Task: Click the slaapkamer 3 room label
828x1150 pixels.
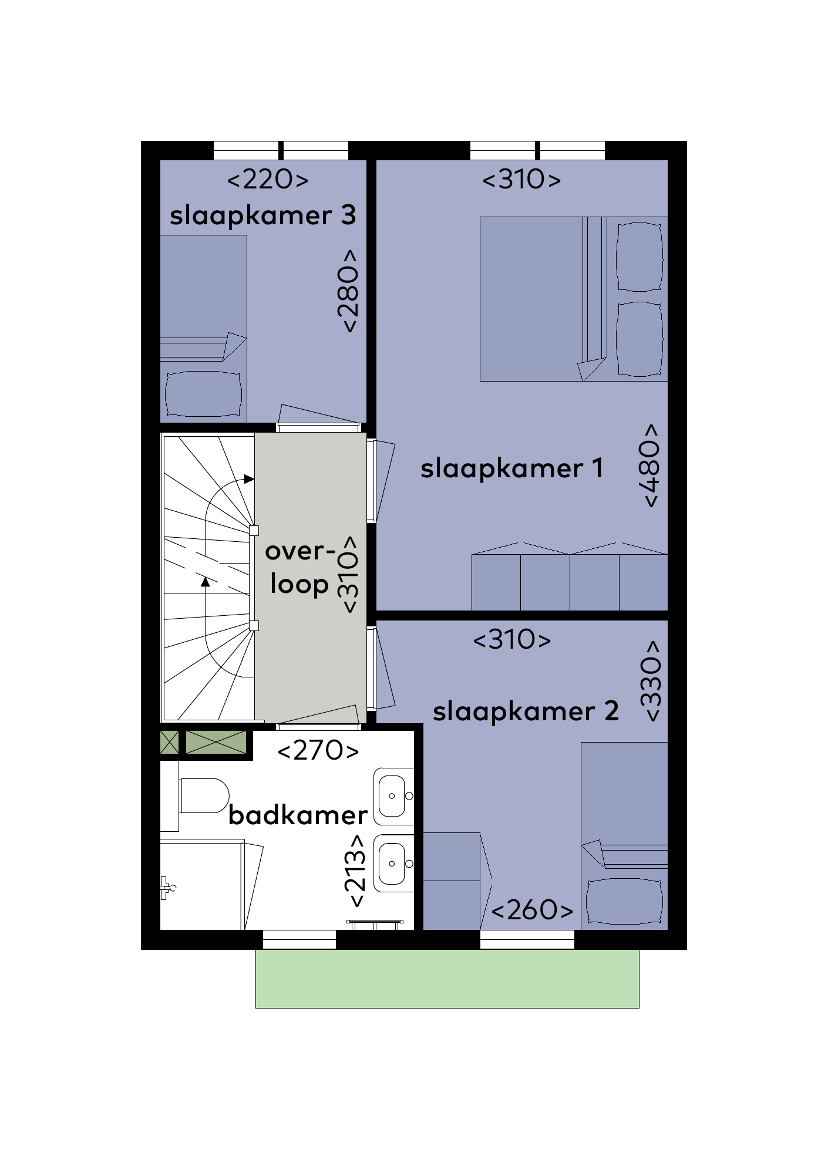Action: [x=263, y=216]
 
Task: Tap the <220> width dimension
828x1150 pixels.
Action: [x=268, y=179]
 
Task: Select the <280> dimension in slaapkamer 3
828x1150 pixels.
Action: [x=348, y=291]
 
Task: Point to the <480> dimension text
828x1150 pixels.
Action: [x=651, y=466]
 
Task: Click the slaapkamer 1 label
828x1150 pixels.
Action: [x=511, y=468]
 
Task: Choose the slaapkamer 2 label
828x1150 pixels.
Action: [x=526, y=711]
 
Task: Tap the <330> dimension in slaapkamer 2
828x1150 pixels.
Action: [x=652, y=681]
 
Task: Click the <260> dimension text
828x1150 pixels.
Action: [x=532, y=910]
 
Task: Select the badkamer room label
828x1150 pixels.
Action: [x=298, y=815]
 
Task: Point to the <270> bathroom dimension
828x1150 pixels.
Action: [x=318, y=750]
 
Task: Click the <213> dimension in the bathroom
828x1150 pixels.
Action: [x=355, y=871]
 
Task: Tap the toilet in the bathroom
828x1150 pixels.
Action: [x=204, y=795]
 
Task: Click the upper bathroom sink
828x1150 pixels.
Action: [x=394, y=796]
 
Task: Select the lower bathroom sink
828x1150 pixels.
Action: [x=394, y=864]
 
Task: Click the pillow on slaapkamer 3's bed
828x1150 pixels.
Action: [x=203, y=394]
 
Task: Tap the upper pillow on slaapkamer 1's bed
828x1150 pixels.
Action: [x=639, y=256]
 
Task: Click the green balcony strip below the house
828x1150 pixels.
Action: [x=447, y=979]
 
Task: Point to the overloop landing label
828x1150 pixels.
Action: [x=300, y=567]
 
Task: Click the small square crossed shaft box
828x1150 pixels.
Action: [x=169, y=743]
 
